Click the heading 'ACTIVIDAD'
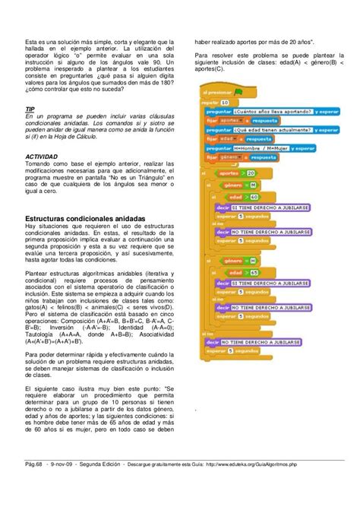(x=43, y=158)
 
